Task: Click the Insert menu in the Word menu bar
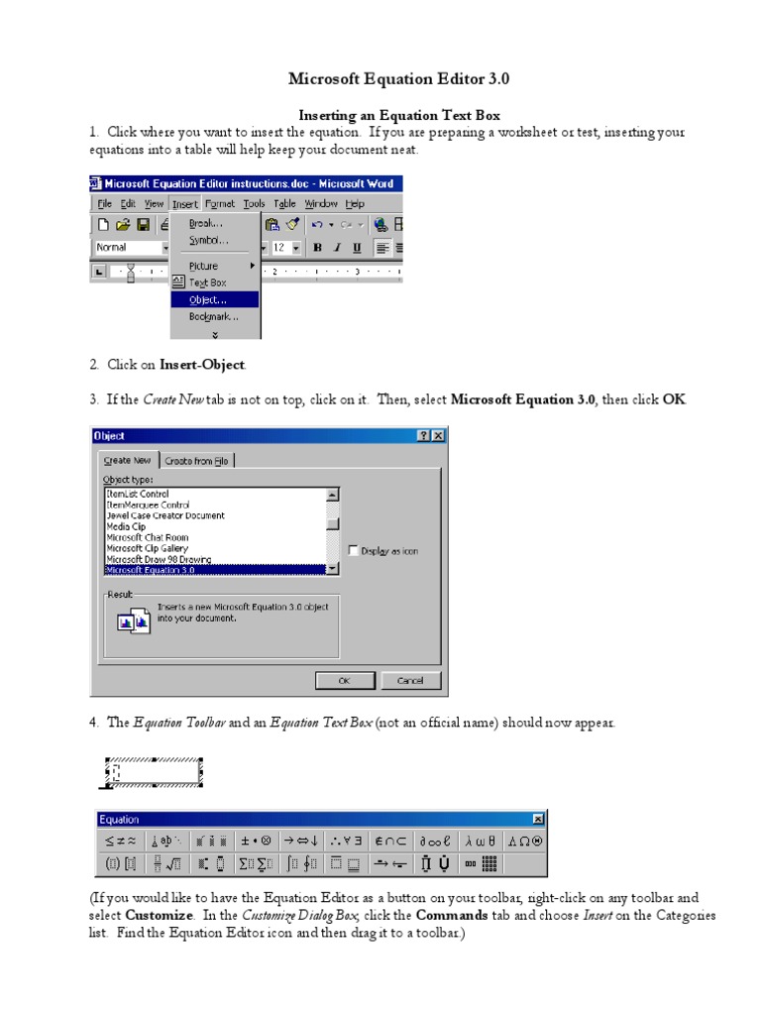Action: [x=184, y=204]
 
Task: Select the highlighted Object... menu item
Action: [x=207, y=299]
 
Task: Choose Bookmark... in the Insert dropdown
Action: [x=213, y=317]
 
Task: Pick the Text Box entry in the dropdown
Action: [x=207, y=282]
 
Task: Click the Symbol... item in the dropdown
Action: [x=208, y=241]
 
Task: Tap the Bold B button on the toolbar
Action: [x=318, y=248]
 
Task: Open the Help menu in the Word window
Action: [x=355, y=204]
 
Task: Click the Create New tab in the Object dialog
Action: [x=128, y=461]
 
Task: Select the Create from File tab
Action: [x=196, y=461]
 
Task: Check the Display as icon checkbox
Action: [x=353, y=550]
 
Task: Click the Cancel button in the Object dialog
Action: [x=409, y=681]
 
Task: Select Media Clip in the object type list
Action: [x=126, y=526]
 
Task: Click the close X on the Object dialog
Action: [x=438, y=436]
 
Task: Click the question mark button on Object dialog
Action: [x=424, y=436]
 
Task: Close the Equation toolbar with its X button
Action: [x=538, y=819]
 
